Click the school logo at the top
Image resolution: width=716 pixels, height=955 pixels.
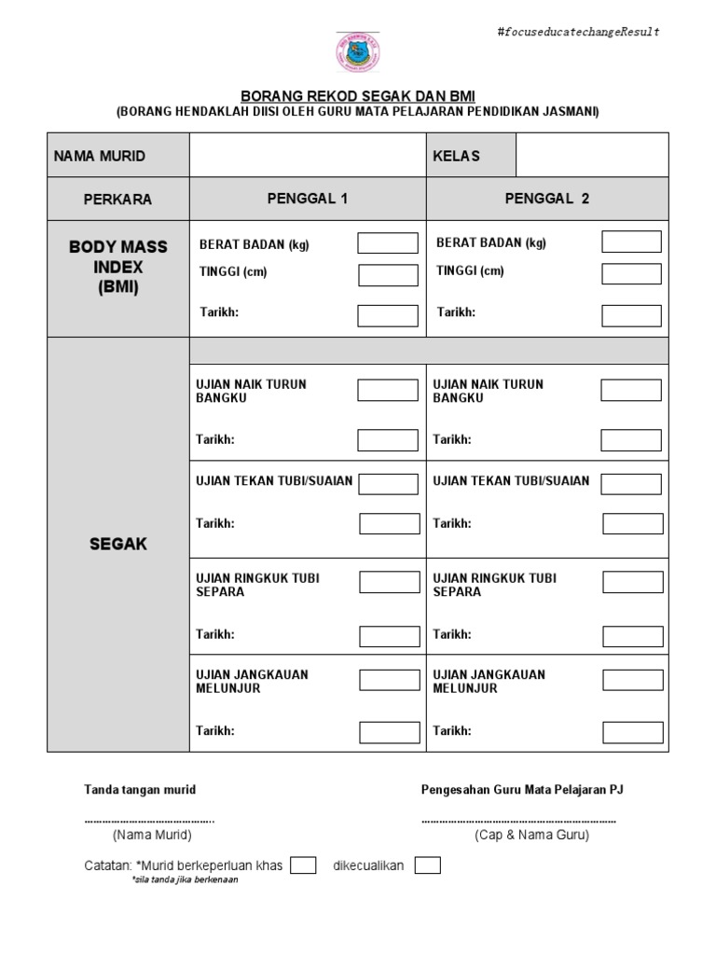pyautogui.click(x=357, y=51)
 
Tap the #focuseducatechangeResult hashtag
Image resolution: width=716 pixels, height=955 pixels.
pyautogui.click(x=579, y=32)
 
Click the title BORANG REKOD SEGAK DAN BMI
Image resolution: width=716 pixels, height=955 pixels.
pyautogui.click(x=357, y=96)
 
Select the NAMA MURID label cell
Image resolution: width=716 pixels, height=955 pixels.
pyautogui.click(x=118, y=156)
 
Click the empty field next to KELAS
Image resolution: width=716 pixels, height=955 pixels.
pyautogui.click(x=592, y=156)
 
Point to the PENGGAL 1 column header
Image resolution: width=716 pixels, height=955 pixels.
pyautogui.click(x=308, y=199)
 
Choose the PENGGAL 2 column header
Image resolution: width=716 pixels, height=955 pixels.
pyautogui.click(x=547, y=199)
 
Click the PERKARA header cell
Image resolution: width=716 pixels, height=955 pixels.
pyautogui.click(x=118, y=200)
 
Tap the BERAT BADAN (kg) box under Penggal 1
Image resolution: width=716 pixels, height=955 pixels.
pyautogui.click(x=388, y=243)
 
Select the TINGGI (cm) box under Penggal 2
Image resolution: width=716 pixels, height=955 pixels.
pyautogui.click(x=631, y=273)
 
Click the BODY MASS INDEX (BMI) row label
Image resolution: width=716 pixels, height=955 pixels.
pyautogui.click(x=118, y=267)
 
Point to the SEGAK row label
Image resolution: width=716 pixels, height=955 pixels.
pyautogui.click(x=118, y=544)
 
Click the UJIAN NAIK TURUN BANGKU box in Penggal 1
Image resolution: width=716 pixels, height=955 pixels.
pyautogui.click(x=388, y=390)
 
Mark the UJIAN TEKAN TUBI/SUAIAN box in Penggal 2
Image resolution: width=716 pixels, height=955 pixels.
pyautogui.click(x=632, y=483)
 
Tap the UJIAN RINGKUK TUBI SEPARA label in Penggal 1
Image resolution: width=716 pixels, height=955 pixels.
pyautogui.click(x=257, y=585)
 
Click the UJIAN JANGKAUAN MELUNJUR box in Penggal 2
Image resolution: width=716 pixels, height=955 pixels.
pyautogui.click(x=632, y=679)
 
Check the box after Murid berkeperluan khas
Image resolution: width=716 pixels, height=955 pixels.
pyautogui.click(x=303, y=865)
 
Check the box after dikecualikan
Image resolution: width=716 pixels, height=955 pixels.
pyautogui.click(x=428, y=865)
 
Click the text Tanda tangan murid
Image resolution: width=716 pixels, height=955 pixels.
pyautogui.click(x=141, y=790)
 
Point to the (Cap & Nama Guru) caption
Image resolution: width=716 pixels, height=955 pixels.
pyautogui.click(x=518, y=836)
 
